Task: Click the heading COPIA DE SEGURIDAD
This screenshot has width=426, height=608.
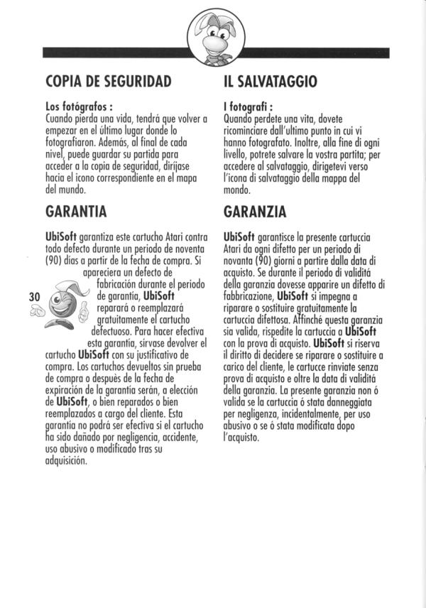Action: (108, 82)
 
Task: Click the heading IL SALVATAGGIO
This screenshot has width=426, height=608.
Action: (270, 82)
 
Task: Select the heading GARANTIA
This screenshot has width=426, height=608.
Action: (75, 211)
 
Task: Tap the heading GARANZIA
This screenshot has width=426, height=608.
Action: (255, 211)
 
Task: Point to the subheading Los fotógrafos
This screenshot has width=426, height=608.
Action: (75, 107)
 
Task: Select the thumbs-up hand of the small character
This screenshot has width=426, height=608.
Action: (84, 310)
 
